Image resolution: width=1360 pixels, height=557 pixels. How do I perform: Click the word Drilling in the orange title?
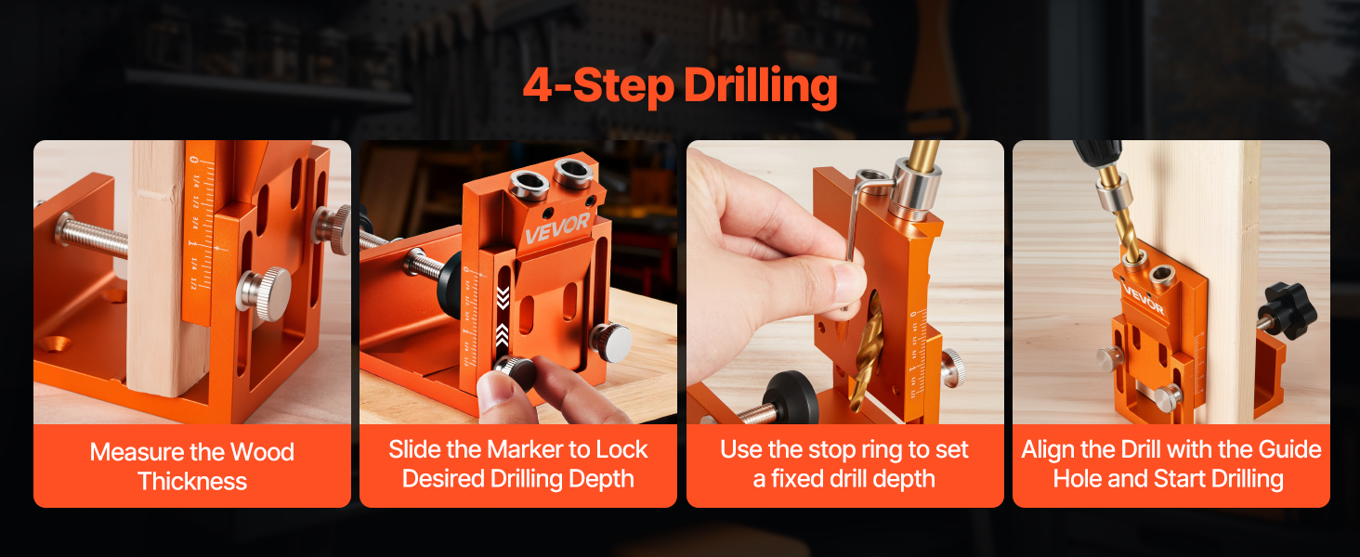[x=761, y=86]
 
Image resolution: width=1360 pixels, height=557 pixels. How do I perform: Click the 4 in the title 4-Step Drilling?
[x=537, y=85]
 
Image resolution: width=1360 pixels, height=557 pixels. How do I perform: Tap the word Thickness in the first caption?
[x=192, y=481]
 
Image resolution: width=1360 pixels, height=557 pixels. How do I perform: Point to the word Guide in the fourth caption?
[x=1289, y=449]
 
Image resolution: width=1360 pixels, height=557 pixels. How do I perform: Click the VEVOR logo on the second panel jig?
[x=556, y=227]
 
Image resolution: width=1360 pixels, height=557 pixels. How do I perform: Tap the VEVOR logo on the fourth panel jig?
[x=1142, y=299]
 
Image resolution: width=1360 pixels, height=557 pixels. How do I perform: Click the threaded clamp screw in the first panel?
[x=93, y=236]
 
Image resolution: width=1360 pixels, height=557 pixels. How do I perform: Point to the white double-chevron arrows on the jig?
[x=503, y=317]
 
